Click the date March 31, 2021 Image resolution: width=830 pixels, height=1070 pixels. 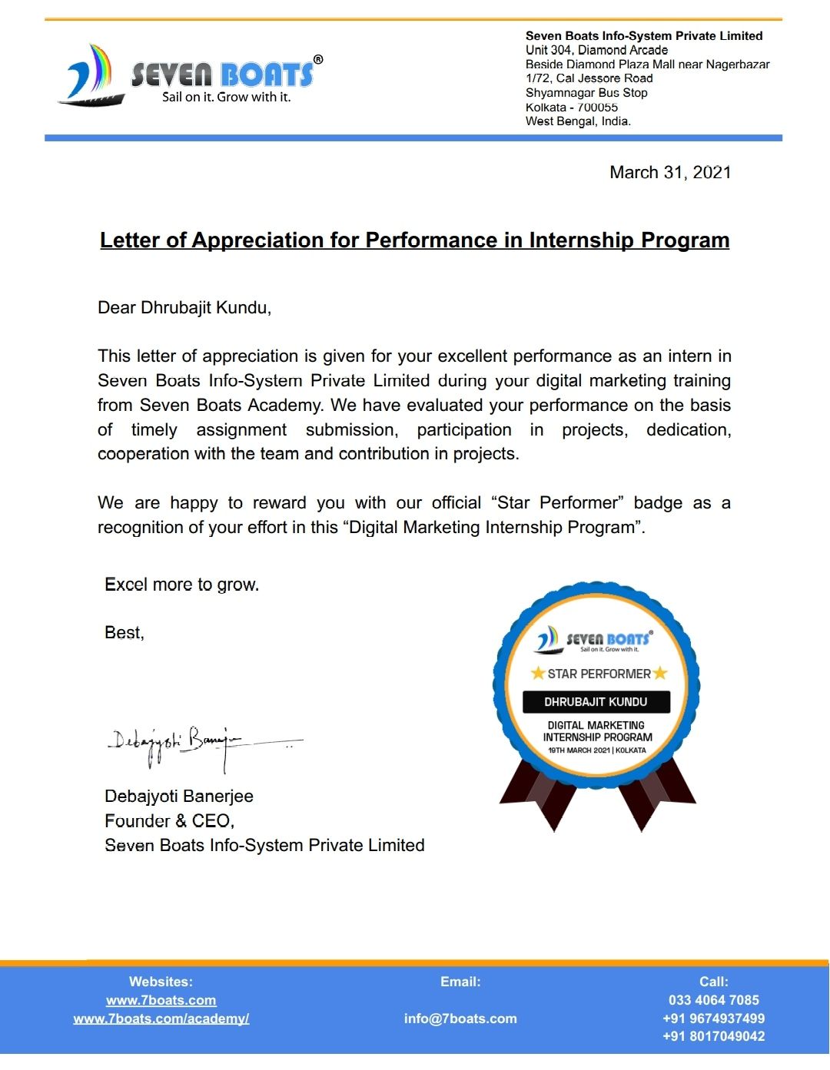click(669, 172)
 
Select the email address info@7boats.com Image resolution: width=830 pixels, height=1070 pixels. click(460, 1019)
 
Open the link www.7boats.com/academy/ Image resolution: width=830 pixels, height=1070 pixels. click(161, 1019)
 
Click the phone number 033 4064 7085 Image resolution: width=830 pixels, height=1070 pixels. click(713, 1000)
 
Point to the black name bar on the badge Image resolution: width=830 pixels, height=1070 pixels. click(596, 702)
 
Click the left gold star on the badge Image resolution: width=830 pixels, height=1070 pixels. click(538, 674)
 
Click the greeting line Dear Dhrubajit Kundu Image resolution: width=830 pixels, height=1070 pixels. click(184, 308)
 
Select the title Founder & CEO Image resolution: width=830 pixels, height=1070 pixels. click(169, 820)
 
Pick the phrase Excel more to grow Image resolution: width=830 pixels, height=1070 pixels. click(181, 585)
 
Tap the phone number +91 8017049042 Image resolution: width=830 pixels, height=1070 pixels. click(713, 1036)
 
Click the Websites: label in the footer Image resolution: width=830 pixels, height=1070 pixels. click(161, 982)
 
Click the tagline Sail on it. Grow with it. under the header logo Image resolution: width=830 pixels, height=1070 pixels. click(226, 98)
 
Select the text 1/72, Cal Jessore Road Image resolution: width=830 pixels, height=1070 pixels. click(589, 78)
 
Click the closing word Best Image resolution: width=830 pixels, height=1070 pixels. click(123, 633)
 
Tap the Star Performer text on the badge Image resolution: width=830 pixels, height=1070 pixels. click(599, 674)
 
